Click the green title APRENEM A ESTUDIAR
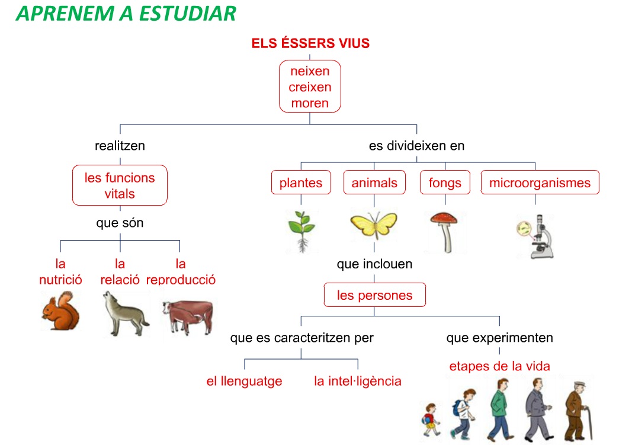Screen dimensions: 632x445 (126, 13)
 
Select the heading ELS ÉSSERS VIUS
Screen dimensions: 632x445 (310, 43)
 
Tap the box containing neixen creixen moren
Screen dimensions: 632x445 (310, 87)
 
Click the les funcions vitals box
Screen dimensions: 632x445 (120, 185)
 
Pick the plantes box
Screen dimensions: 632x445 (301, 182)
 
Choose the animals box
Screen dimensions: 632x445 (374, 182)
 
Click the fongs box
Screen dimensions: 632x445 (445, 182)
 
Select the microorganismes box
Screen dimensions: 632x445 (540, 182)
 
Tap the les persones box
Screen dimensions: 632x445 (375, 294)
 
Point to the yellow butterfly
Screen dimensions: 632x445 (374, 225)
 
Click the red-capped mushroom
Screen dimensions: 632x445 (445, 232)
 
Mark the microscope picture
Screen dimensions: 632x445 (536, 236)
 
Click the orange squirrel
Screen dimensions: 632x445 (61, 311)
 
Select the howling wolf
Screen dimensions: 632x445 (126, 314)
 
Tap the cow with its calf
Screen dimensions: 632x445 (188, 317)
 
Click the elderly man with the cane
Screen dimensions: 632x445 (579, 411)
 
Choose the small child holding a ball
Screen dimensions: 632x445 (431, 420)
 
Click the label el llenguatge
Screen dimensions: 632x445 (244, 382)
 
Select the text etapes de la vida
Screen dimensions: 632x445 (500, 366)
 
